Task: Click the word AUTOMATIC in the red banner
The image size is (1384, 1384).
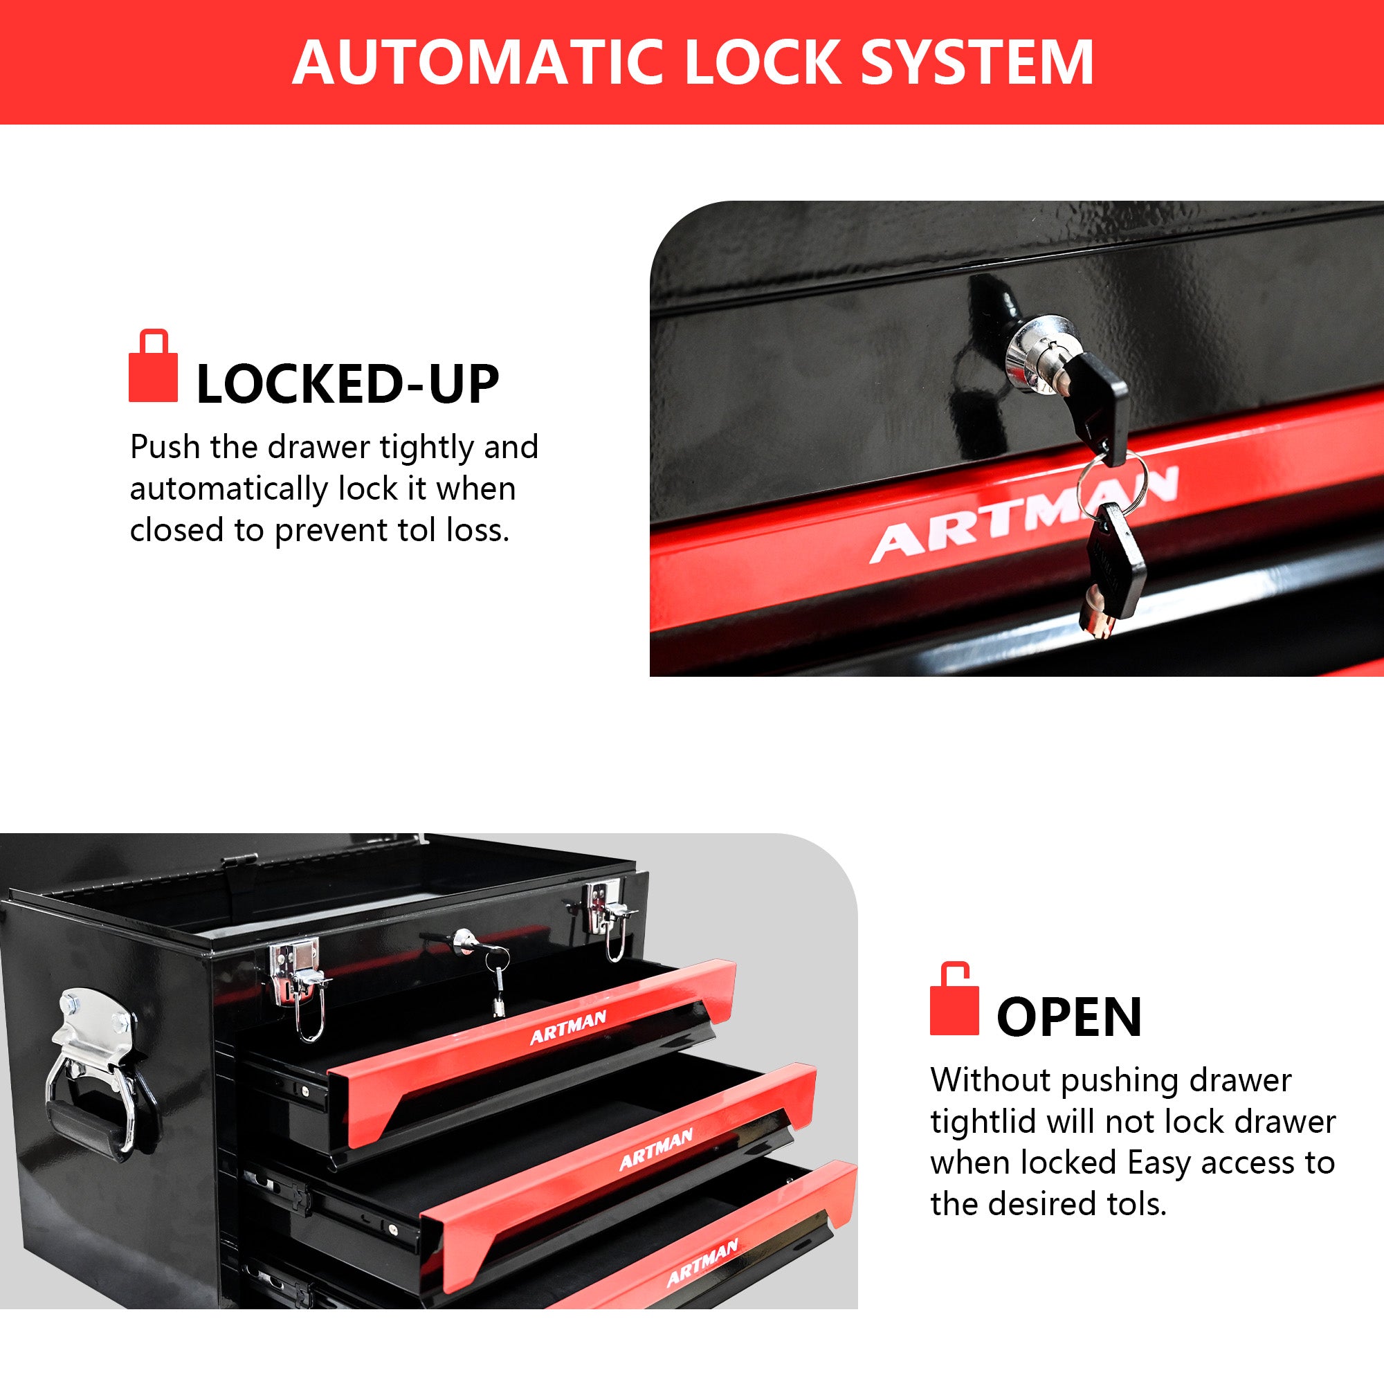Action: [x=479, y=63]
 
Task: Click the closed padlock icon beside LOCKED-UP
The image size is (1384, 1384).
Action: [x=152, y=366]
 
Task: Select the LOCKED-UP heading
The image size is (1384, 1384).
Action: [x=347, y=385]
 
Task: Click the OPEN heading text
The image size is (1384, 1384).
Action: [x=1069, y=1017]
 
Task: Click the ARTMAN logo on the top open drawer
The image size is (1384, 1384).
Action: [x=568, y=1027]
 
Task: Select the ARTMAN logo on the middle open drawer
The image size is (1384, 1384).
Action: [x=656, y=1148]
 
